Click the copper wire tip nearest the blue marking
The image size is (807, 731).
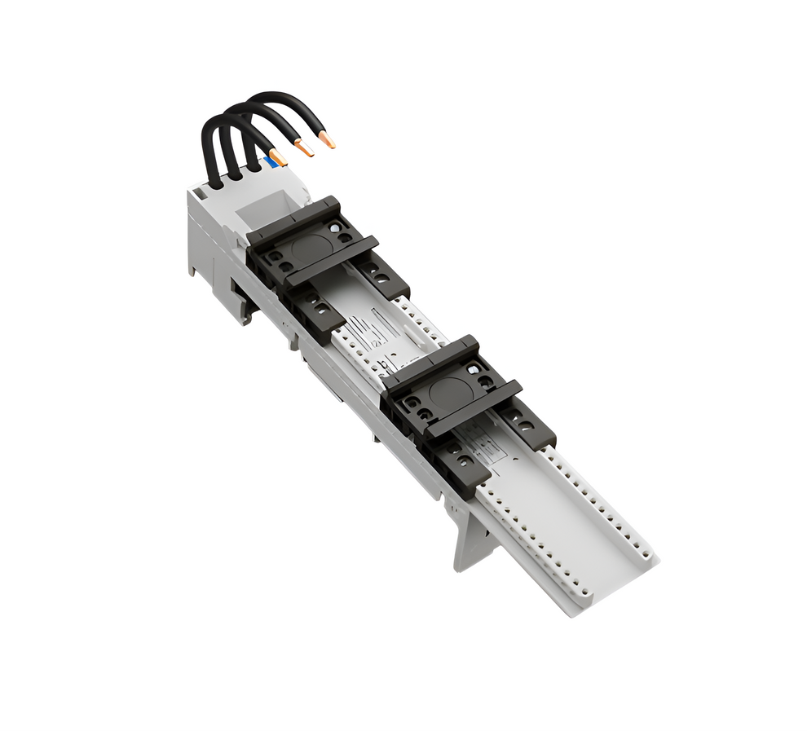point(278,157)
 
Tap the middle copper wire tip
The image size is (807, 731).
point(304,148)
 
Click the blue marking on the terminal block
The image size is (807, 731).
point(267,164)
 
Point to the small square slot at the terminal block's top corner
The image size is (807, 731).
point(197,194)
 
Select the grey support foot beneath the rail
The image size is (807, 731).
point(471,538)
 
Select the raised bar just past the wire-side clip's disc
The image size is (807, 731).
point(334,261)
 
